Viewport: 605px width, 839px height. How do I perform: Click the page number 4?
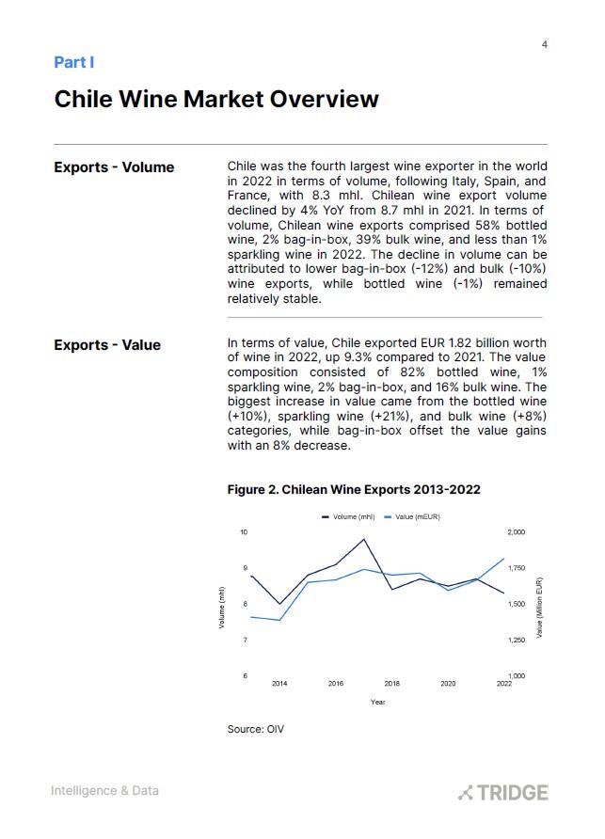coord(545,45)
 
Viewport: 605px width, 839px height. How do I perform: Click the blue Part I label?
coord(74,62)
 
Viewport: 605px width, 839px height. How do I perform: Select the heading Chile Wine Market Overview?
coord(216,99)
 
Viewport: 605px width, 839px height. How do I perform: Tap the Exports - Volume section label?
coord(114,167)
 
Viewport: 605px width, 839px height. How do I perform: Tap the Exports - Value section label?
coord(107,345)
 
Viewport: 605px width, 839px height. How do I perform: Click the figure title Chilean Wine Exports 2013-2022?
coord(354,490)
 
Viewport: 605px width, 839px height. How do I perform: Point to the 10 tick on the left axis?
coord(243,532)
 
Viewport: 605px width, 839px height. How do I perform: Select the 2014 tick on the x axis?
coord(279,684)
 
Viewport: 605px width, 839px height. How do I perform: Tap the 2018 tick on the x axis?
coord(391,684)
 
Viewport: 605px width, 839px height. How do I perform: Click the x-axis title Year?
coord(377,702)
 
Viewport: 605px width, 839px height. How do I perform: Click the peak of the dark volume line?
coord(364,540)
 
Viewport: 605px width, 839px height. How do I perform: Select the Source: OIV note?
coord(255,730)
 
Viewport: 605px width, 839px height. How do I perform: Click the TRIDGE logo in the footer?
coord(502,792)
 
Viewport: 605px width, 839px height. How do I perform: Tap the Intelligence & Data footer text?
coord(104,791)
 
